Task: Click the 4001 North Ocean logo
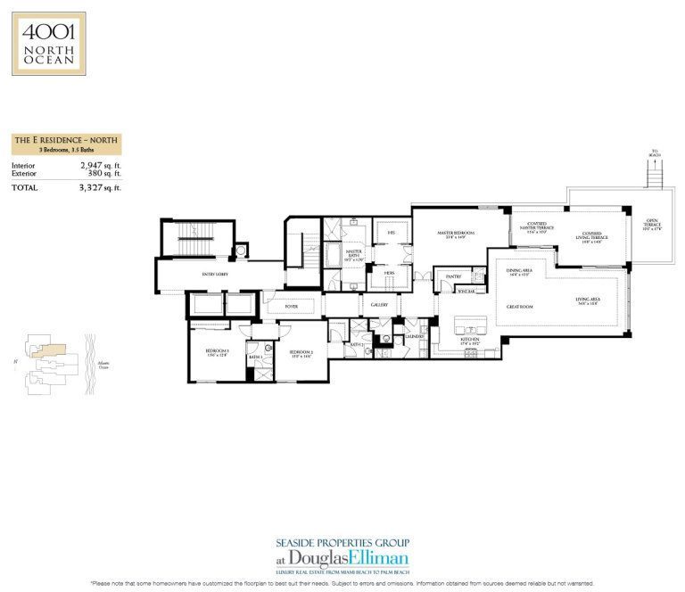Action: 49,43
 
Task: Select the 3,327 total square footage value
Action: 96,188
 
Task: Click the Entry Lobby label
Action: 214,275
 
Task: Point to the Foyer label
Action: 291,306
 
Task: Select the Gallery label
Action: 378,306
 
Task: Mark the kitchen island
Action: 472,323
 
